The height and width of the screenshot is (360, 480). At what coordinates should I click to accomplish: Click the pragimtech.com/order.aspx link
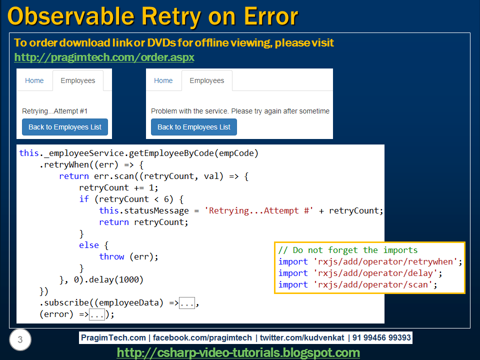[x=104, y=57]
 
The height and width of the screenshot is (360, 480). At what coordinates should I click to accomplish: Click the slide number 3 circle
[x=20, y=340]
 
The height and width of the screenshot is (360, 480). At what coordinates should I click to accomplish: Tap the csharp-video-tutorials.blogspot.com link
[x=238, y=352]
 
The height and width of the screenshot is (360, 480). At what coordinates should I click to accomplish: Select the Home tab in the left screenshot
[x=34, y=80]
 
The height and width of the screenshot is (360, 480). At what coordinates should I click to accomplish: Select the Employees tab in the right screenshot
[x=206, y=80]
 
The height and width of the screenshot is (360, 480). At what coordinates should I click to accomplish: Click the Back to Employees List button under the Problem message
[x=194, y=127]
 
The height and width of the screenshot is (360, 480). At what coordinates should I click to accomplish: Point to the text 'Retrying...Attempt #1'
[x=55, y=111]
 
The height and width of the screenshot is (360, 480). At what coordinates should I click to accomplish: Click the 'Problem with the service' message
[x=240, y=111]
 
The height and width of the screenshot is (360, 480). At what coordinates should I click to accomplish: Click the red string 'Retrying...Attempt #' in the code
[x=259, y=210]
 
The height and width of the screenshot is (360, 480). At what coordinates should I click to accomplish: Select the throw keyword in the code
[x=111, y=256]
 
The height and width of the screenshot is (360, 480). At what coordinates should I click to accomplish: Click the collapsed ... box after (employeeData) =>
[x=187, y=303]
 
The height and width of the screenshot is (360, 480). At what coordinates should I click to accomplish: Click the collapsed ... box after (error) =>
[x=96, y=314]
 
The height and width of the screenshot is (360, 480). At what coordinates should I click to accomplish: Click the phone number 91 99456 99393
[x=382, y=338]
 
